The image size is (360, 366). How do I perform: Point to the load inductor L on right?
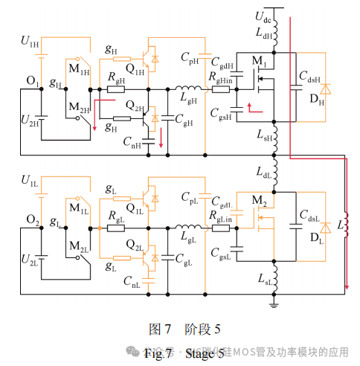(x=347, y=223)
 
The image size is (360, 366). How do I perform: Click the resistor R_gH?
(x=115, y=89)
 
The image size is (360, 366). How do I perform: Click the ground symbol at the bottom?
(x=274, y=302)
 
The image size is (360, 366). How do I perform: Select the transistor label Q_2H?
(x=135, y=108)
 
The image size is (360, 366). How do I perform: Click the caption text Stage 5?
(x=205, y=353)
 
